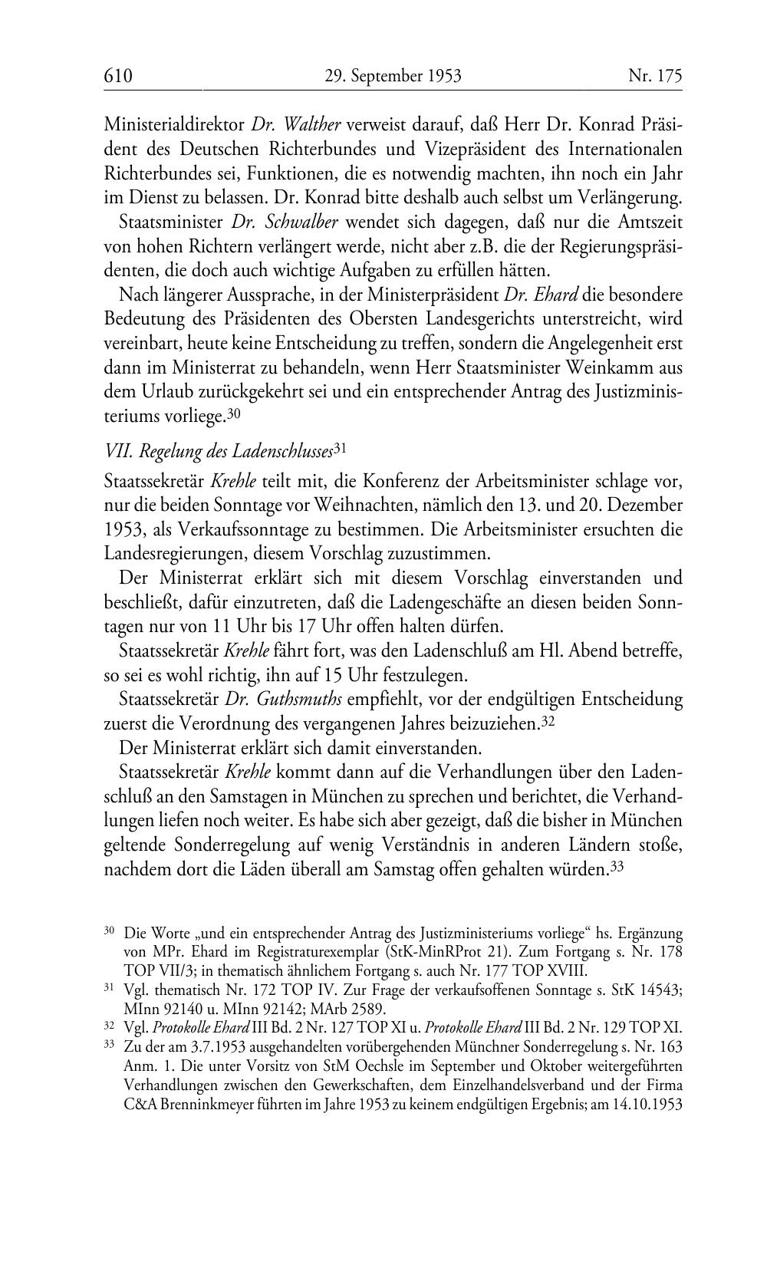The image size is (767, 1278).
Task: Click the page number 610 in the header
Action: click(118, 76)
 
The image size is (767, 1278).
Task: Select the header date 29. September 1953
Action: click(393, 76)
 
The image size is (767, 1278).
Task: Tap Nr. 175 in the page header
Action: click(655, 76)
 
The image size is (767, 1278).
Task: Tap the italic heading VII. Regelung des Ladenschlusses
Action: click(219, 451)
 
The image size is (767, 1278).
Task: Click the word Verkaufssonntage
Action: click(236, 530)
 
